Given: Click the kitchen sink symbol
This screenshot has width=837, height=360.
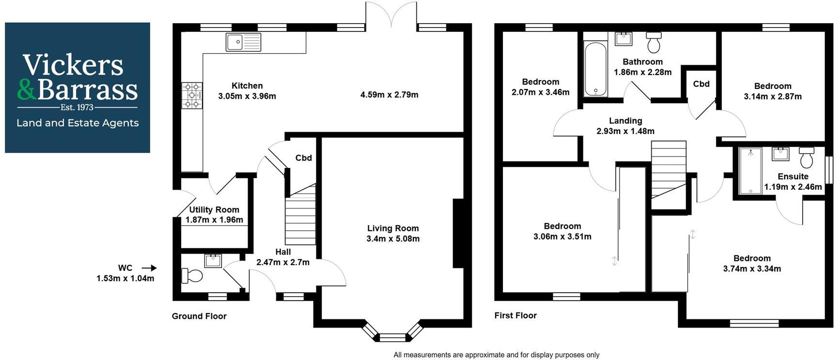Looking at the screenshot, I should [x=243, y=42].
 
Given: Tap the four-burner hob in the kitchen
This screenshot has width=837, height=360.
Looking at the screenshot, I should [x=192, y=95].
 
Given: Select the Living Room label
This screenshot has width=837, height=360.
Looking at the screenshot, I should [x=393, y=228].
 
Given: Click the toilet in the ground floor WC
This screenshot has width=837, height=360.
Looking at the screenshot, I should [x=192, y=276].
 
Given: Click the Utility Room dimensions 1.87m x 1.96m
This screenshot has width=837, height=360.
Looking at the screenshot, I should [x=214, y=220].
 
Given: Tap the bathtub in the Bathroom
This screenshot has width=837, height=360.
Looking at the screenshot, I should [x=595, y=69].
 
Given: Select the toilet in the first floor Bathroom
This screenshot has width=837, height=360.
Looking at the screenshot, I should [x=654, y=43].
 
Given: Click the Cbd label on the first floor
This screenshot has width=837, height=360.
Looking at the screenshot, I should [x=701, y=84].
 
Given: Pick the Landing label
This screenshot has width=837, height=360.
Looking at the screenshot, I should [x=625, y=120].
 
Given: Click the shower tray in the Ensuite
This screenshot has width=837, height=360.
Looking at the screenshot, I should [x=750, y=171].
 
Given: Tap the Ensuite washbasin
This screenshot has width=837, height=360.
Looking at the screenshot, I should [x=780, y=154].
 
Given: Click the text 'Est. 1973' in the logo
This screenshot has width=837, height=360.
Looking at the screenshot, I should [x=77, y=107].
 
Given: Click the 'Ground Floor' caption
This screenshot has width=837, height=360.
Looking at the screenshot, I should [x=199, y=316].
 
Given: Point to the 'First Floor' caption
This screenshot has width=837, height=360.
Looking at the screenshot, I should [x=515, y=315].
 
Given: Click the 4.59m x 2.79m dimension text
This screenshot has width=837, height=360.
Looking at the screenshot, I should [x=389, y=95].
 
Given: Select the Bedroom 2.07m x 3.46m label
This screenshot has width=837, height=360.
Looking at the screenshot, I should [x=540, y=87].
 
